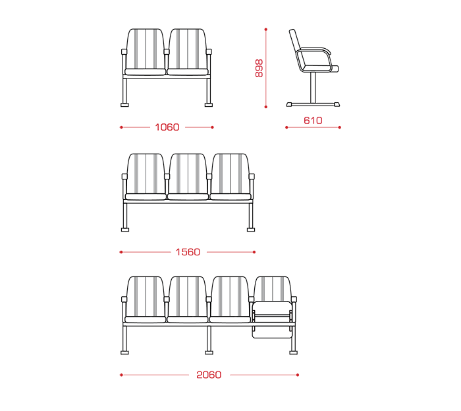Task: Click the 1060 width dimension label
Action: [x=167, y=127]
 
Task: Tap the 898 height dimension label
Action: [x=259, y=69]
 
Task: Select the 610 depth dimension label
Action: [x=313, y=121]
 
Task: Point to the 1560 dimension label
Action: [x=188, y=252]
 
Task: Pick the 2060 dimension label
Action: [x=209, y=375]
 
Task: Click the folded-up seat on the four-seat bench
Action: [x=272, y=319]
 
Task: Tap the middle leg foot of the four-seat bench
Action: [x=209, y=352]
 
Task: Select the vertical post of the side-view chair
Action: [x=313, y=88]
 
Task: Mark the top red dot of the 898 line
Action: [x=266, y=30]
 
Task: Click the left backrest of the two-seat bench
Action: [x=146, y=49]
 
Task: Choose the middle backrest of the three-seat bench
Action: [x=188, y=174]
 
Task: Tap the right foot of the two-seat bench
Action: [x=209, y=104]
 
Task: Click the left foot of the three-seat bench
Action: [x=125, y=230]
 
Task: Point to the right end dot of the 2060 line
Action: [x=298, y=375]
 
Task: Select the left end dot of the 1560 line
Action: [x=121, y=252]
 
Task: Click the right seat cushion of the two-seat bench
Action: [x=188, y=72]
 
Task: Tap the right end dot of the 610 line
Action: [x=340, y=127]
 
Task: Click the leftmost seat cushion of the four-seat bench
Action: [x=146, y=320]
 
